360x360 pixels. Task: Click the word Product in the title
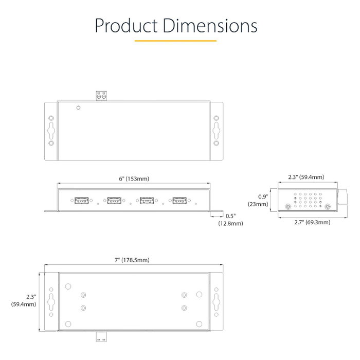pyautogui.click(x=126, y=26)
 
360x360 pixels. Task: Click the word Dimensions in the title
pyautogui.click(x=210, y=26)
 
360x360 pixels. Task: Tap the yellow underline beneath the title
pyautogui.click(x=176, y=41)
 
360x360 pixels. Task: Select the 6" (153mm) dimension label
pyautogui.click(x=134, y=178)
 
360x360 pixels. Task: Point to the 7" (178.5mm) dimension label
pyautogui.click(x=132, y=260)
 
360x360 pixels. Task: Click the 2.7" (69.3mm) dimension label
pyautogui.click(x=312, y=222)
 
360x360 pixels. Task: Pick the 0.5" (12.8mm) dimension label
pyautogui.click(x=230, y=220)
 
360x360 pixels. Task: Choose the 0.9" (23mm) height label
pyautogui.click(x=258, y=200)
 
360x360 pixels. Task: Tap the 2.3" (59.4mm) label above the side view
pyautogui.click(x=306, y=177)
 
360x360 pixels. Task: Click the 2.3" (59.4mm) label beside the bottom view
pyautogui.click(x=24, y=300)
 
